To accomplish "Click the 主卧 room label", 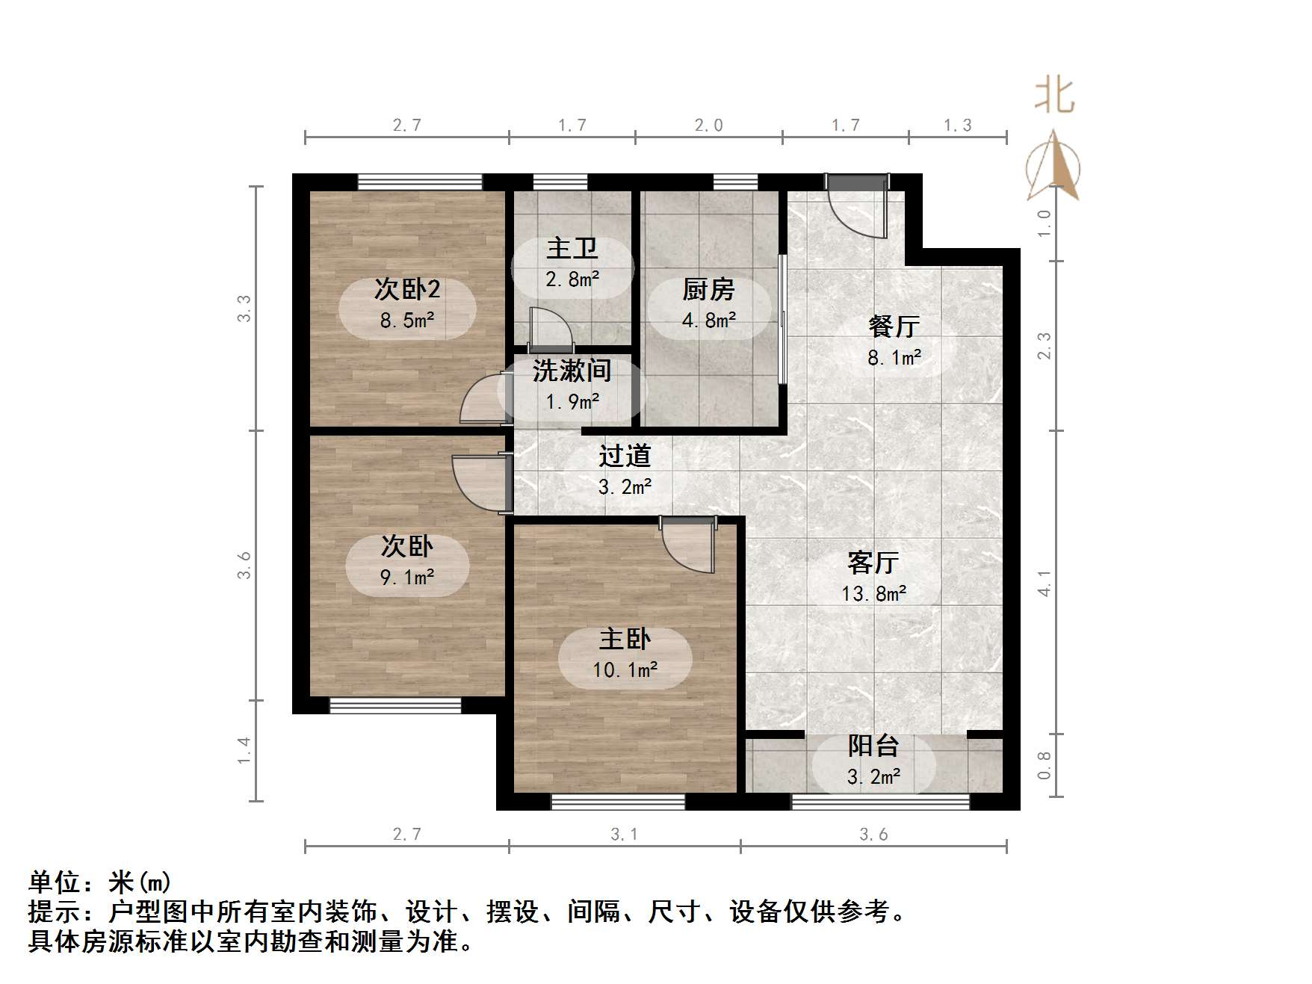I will point(625,639).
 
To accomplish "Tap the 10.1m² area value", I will point(625,669).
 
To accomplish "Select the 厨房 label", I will point(708,289).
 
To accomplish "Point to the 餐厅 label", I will point(894,327).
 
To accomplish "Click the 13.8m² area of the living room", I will point(873,594).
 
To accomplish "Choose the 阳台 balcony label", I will point(873,746).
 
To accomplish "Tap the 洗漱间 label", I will point(572,371).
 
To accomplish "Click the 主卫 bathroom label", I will point(572,248).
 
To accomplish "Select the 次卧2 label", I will point(406,289).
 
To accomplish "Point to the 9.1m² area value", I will point(406,578).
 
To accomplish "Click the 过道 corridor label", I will point(625,456).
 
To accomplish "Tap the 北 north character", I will point(1054,96).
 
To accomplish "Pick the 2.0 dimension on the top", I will point(708,126).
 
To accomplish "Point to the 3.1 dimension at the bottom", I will point(624,835).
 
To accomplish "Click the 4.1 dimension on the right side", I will point(1044,583).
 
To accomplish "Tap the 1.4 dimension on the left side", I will point(244,750).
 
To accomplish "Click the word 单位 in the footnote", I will point(55,882).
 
